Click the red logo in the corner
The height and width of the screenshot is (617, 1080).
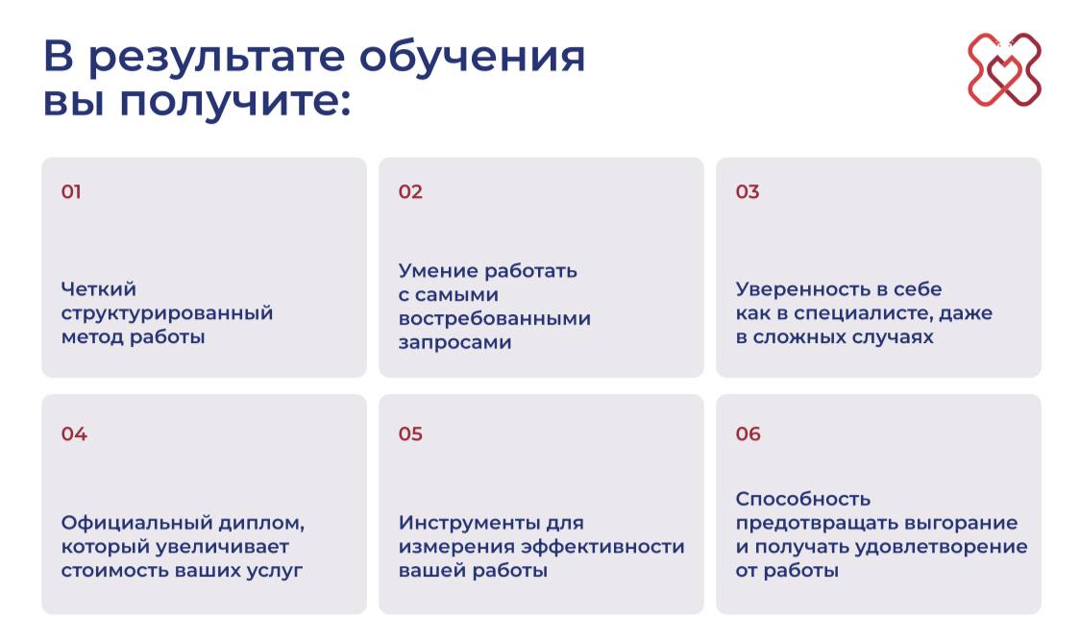1004,69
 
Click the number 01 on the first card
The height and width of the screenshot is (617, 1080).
71,191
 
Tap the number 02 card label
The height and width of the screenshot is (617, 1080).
410,191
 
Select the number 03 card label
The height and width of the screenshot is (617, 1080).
748,191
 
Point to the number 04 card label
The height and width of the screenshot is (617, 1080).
74,433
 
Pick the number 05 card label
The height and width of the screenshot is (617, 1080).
410,433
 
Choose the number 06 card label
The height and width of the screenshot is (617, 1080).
748,433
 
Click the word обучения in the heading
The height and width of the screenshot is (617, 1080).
472,57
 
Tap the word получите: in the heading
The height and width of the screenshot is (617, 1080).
234,102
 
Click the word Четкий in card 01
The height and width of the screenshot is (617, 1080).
99,289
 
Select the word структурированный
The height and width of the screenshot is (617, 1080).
167,314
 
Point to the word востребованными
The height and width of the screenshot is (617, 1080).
495,319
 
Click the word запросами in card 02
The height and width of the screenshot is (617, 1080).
454,343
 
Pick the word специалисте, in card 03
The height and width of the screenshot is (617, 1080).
863,314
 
